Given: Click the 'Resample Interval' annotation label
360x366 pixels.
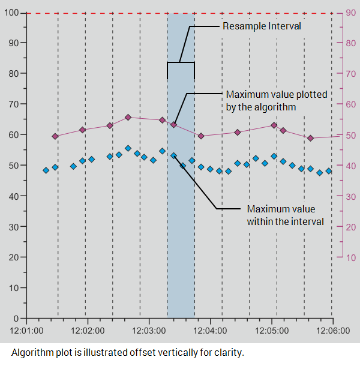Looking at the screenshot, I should (262, 26).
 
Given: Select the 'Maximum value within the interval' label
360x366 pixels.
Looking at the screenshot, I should (285, 215).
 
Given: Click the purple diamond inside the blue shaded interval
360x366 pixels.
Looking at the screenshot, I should (173, 125).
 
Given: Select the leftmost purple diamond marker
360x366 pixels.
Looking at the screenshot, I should (55, 136).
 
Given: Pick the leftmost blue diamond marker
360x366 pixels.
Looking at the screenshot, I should (46, 170).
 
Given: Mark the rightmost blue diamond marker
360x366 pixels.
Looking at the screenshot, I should (329, 171).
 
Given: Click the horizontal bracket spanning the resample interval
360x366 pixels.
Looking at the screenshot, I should (181, 62).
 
